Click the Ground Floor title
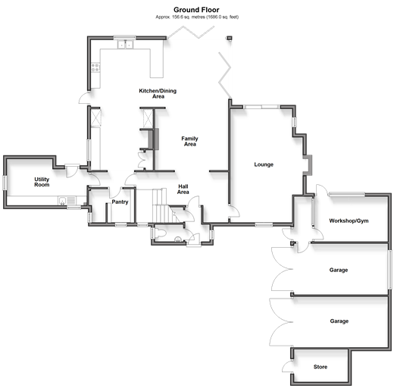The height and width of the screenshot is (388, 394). (196, 10)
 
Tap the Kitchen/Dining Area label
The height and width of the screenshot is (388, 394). (158, 93)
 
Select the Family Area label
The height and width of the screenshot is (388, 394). (189, 141)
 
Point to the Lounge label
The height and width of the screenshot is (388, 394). (264, 164)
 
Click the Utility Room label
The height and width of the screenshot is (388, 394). (42, 182)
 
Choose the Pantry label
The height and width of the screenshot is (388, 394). (120, 202)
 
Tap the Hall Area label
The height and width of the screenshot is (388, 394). (183, 189)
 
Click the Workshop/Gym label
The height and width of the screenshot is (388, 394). (349, 221)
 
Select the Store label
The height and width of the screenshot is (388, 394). (321, 367)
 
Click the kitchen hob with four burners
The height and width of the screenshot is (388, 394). (95, 67)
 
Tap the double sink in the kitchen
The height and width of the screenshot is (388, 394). (125, 45)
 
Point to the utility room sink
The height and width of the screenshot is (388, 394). (67, 201)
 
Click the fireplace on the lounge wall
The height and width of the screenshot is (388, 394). (308, 165)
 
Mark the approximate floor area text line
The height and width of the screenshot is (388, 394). (197, 17)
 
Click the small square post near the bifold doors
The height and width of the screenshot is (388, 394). (229, 38)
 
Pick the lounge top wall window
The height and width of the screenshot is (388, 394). (261, 107)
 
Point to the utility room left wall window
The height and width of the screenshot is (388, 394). (5, 183)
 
